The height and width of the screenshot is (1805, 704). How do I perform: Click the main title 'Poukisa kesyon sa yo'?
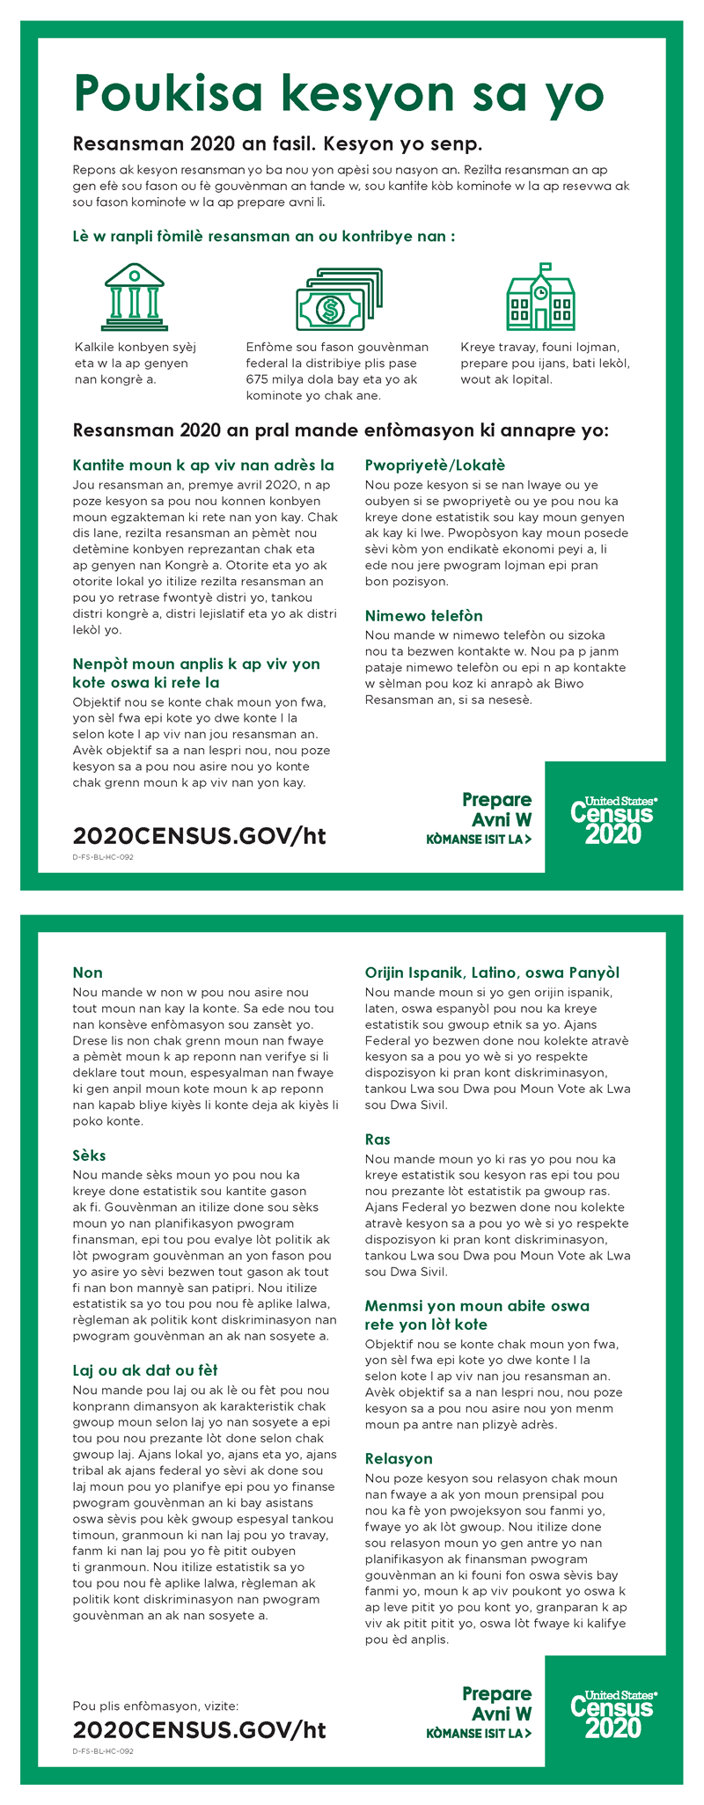click(339, 93)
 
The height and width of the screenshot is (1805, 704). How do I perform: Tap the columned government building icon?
click(134, 296)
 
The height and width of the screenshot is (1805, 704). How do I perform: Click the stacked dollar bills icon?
click(339, 299)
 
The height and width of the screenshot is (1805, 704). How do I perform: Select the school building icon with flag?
click(540, 297)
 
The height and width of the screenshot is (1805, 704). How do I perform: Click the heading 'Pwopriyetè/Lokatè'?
click(435, 465)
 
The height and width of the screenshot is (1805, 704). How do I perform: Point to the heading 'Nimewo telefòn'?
click(423, 615)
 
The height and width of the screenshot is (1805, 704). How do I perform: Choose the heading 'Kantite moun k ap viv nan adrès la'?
click(203, 465)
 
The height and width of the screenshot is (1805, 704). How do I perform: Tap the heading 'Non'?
click(88, 972)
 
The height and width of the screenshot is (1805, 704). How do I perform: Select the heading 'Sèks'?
click(90, 1155)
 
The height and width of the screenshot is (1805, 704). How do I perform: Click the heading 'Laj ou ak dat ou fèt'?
click(145, 1370)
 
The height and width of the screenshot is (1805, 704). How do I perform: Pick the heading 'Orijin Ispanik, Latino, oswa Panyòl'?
click(492, 972)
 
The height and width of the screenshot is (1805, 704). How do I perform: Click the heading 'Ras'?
click(378, 1139)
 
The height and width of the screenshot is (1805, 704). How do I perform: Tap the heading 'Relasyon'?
click(399, 1458)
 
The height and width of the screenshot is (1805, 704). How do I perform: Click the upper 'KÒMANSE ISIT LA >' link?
click(479, 839)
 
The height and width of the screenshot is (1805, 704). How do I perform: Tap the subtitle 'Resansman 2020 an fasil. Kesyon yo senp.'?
click(277, 143)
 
